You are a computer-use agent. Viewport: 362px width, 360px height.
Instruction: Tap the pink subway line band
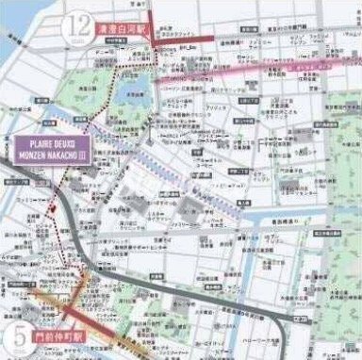283,70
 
